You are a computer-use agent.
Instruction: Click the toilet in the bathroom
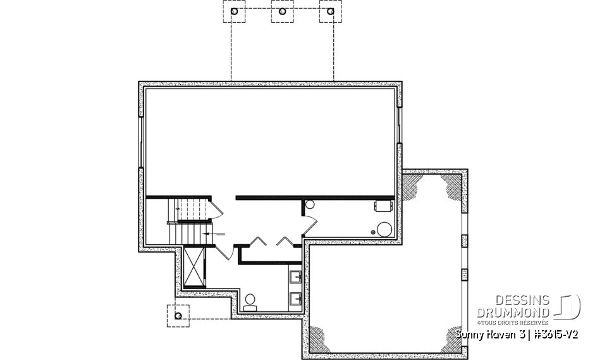click(250, 300)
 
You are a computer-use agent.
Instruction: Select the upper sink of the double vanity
click(295, 276)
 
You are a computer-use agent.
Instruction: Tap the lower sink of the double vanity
click(295, 297)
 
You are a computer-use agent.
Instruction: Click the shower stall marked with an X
click(194, 267)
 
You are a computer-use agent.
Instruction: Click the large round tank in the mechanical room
click(384, 229)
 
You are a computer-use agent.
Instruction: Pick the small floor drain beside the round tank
click(373, 232)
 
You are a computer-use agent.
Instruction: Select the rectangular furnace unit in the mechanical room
click(383, 206)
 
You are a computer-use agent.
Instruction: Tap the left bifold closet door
click(256, 241)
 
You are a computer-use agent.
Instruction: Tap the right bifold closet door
click(283, 241)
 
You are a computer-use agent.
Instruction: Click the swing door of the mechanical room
click(310, 221)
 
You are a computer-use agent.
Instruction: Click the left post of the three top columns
click(235, 12)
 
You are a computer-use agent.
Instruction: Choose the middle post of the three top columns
click(283, 12)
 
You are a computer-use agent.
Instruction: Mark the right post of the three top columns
click(330, 12)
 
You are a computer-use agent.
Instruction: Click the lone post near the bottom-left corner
click(178, 315)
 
